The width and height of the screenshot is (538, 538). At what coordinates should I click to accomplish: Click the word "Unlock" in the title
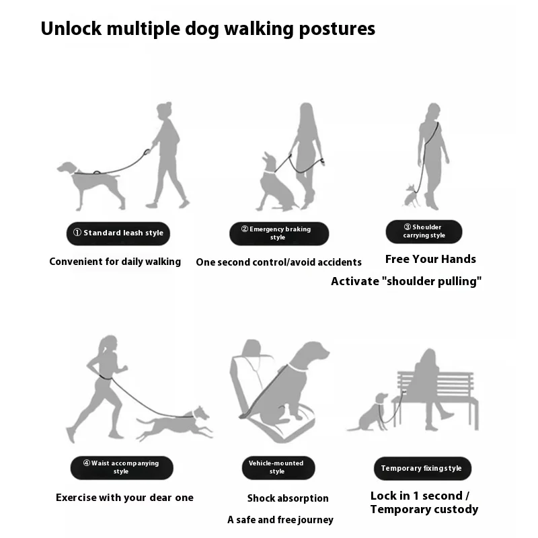71,28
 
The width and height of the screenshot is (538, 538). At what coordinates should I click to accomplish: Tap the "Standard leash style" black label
118,233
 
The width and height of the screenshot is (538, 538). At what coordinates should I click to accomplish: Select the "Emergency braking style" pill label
279,233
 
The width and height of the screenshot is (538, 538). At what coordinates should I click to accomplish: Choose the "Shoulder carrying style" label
424,231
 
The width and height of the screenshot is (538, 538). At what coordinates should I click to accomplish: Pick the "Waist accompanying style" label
122,467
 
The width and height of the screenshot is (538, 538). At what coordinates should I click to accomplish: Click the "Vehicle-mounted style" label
278,467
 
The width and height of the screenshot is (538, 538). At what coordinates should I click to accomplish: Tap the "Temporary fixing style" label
422,468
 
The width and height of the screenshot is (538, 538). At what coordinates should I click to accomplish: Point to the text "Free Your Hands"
430,259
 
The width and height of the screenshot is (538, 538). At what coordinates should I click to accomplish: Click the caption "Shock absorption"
288,498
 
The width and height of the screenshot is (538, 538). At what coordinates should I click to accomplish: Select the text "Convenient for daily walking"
115,262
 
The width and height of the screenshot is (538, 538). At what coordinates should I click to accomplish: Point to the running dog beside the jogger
174,424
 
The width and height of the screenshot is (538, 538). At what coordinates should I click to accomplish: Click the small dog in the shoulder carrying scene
412,196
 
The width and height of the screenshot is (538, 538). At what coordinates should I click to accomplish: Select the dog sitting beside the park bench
368,412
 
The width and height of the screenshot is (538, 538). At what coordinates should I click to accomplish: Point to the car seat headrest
252,348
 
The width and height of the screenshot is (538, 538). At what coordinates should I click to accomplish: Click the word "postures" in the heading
337,30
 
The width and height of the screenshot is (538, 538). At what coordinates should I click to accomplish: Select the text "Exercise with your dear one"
124,498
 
